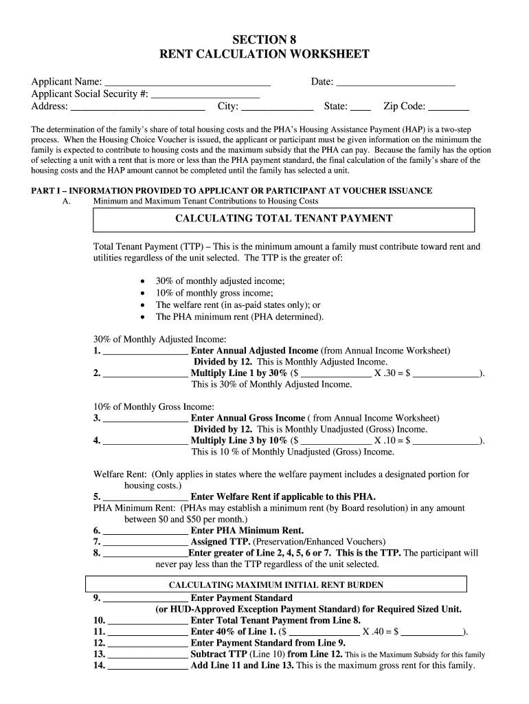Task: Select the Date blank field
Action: pyautogui.click(x=396, y=83)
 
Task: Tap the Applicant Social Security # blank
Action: pyautogui.click(x=205, y=95)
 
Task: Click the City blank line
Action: pyautogui.click(x=278, y=107)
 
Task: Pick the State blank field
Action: pyautogui.click(x=361, y=107)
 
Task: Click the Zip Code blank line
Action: pyautogui.click(x=449, y=107)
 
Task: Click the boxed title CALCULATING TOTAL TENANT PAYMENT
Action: pyautogui.click(x=284, y=219)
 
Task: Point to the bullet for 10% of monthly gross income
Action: pyautogui.click(x=142, y=293)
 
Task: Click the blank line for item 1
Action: pyautogui.click(x=145, y=351)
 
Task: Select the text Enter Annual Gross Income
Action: pyautogui.click(x=247, y=418)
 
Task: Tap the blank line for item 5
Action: pyautogui.click(x=145, y=496)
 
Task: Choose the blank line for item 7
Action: pyautogui.click(x=145, y=542)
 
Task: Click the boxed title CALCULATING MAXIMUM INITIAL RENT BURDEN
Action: pyautogui.click(x=276, y=585)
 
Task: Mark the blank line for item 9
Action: pyautogui.click(x=145, y=598)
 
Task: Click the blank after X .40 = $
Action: pyautogui.click(x=432, y=632)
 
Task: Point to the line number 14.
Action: pyautogui.click(x=99, y=665)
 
